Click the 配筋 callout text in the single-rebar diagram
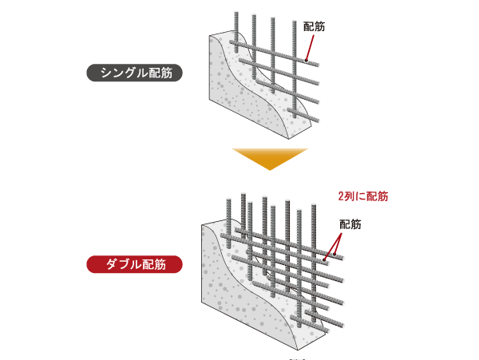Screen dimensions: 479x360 315,26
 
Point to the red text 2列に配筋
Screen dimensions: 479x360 363,194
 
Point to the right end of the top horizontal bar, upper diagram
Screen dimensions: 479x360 319,64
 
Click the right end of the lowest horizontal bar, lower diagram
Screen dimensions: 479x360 345,327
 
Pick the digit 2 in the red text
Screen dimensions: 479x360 342,194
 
